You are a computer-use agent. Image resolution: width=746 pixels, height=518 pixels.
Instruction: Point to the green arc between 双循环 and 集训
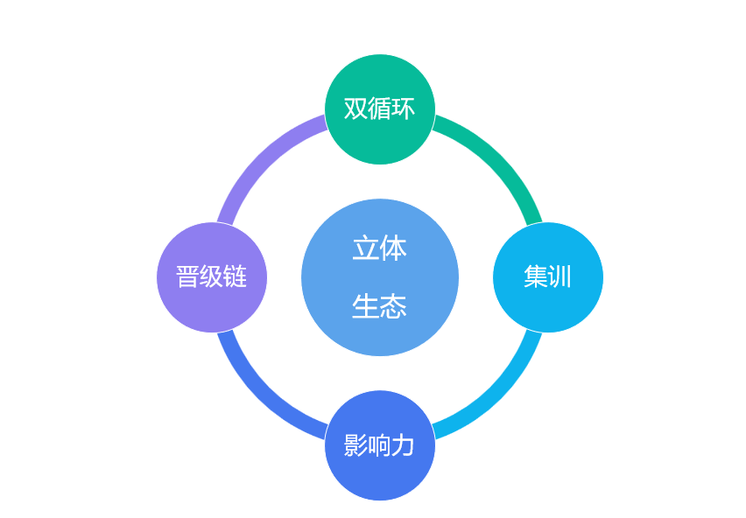[x=499, y=158]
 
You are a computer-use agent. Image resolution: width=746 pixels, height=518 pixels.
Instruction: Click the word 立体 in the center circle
[x=379, y=248]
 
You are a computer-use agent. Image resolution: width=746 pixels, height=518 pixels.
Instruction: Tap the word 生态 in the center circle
[x=379, y=306]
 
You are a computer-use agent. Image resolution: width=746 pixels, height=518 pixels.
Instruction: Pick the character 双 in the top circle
[x=355, y=108]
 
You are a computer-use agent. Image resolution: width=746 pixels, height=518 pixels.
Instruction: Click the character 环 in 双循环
[x=403, y=108]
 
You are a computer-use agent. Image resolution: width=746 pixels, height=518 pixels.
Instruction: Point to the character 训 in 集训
[x=559, y=276]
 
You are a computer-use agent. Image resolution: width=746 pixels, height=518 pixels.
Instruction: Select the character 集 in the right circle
[x=536, y=276]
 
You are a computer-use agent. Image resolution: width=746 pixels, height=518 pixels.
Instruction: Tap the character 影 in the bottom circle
[x=355, y=445]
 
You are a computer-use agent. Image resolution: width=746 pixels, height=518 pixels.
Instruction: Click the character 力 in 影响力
[x=403, y=445]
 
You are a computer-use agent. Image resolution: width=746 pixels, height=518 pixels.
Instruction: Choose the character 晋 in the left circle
[x=187, y=276]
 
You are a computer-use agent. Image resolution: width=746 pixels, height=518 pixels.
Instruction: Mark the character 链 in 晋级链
[x=235, y=276]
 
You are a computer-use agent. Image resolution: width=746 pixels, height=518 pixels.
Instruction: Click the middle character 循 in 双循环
[x=379, y=108]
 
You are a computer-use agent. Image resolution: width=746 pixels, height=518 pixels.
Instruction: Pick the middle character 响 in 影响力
[x=379, y=445]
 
